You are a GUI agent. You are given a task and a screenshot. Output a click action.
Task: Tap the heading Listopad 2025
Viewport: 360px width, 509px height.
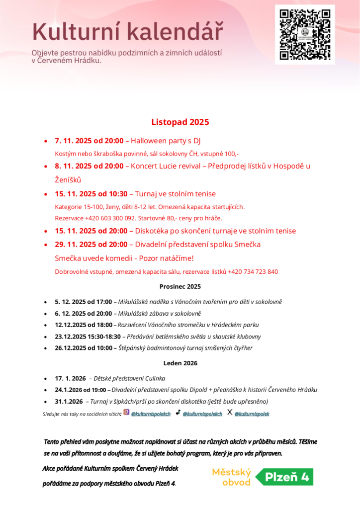coord(180,122)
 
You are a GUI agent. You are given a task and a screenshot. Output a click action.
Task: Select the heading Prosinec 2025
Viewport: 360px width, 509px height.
coord(180,286)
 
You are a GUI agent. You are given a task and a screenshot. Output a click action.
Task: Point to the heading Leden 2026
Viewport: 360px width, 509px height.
coord(180,363)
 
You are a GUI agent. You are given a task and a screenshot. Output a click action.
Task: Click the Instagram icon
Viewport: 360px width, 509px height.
coord(126,412)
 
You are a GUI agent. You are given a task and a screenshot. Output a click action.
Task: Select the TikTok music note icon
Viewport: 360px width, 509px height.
coord(178,412)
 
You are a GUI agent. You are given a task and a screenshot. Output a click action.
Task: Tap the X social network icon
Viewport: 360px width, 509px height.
coord(229,412)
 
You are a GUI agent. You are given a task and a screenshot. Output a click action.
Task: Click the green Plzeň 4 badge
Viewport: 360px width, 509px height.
coord(284,477)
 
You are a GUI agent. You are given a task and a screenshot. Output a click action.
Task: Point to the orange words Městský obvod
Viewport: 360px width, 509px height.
coord(232,477)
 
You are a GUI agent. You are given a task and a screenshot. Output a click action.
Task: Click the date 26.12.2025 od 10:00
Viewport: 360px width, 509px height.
coord(83,348)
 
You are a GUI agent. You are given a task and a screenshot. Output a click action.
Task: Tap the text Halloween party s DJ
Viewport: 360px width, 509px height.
coord(165,141)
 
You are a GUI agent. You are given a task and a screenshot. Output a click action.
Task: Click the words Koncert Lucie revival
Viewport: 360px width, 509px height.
coord(167,166)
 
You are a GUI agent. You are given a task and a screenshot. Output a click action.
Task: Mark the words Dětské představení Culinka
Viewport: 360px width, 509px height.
coord(128,378)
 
